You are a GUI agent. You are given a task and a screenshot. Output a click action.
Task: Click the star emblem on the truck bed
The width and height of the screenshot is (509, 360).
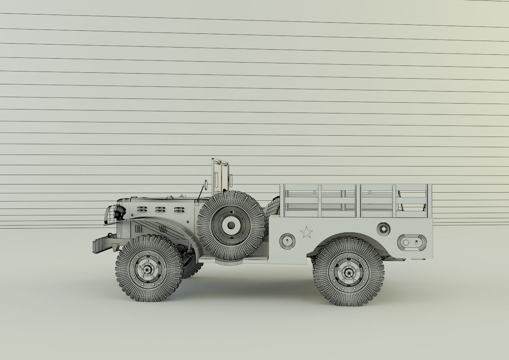pos(306,232)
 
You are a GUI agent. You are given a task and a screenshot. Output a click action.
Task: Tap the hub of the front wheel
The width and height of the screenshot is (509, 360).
pos(148,269)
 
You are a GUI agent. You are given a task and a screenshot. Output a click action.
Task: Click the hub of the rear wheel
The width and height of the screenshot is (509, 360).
pos(349,271)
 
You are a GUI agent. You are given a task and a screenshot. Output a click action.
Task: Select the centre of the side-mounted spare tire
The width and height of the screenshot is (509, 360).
pos(231,225)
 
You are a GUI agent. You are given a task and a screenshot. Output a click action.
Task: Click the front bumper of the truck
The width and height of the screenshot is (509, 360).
pos(103,245)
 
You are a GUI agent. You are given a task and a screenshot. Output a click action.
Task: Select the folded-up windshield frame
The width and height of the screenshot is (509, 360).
pos(220,176)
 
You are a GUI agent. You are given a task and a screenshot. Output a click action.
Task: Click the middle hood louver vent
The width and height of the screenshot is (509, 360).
pos(160,209)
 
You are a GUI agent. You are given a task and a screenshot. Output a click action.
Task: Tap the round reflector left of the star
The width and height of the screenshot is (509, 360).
pos(287,241)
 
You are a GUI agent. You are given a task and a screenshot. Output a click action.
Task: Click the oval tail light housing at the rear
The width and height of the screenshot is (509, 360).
pos(411,243)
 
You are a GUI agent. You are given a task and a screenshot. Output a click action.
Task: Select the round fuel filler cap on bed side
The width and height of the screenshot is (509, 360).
pos(383,229)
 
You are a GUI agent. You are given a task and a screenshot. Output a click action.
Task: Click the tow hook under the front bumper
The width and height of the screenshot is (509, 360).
pos(115,247)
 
